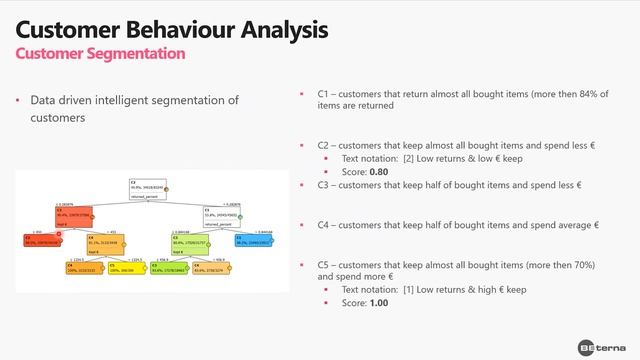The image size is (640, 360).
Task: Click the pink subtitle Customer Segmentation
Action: (x=99, y=51)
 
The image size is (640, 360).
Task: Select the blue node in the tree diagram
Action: (x=253, y=241)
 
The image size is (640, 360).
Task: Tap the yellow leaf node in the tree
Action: (x=121, y=269)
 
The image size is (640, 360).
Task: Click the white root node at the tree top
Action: (x=148, y=186)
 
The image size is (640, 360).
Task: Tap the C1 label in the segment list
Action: (x=324, y=93)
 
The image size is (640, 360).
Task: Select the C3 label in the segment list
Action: (x=324, y=185)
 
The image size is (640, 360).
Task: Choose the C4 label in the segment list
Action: (x=324, y=225)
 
